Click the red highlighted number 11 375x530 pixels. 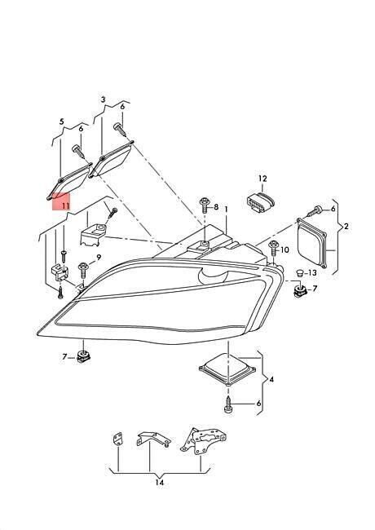point(65,205)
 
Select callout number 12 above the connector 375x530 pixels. point(262,179)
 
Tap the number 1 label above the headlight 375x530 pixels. point(226,210)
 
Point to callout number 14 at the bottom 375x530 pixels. point(160,483)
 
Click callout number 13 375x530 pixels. point(312,272)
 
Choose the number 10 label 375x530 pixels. point(285,250)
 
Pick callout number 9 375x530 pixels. point(99,258)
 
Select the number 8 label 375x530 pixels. point(216,207)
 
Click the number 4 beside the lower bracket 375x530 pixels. point(271,380)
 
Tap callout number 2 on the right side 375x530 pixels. point(346,226)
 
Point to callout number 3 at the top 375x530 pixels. point(103,99)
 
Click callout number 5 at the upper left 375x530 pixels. point(61,121)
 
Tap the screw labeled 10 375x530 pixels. point(273,249)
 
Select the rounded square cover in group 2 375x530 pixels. point(311,243)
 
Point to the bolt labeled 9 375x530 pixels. point(83,270)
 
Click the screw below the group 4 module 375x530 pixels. point(228,404)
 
